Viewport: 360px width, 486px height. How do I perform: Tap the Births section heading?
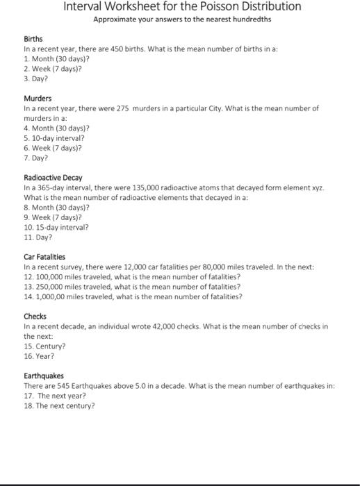click(x=33, y=40)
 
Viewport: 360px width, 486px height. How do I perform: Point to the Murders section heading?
click(x=38, y=99)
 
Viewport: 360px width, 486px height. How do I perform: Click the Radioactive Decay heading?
click(x=53, y=178)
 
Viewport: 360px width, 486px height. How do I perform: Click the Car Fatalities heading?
click(x=44, y=257)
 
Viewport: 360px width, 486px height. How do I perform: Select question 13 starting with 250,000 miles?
click(x=132, y=286)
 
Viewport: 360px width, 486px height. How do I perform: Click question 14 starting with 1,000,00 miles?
click(x=133, y=296)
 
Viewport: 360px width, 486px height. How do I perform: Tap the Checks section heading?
click(x=35, y=316)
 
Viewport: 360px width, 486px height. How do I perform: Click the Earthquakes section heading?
click(x=43, y=376)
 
